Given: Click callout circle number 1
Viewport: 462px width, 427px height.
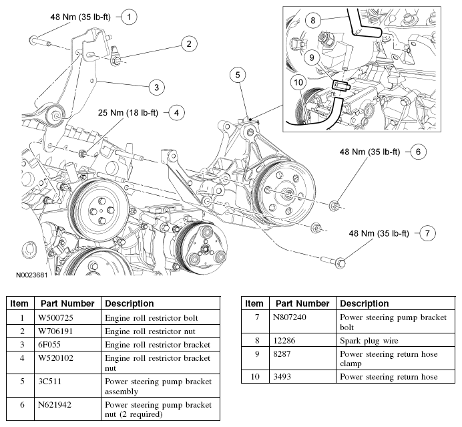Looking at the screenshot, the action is tap(129, 17).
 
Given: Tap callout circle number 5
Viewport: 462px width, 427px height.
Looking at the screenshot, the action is tap(238, 75).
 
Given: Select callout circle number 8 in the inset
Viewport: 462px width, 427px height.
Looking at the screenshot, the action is tap(313, 20).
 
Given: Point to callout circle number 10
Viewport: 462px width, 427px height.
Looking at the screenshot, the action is tap(298, 82).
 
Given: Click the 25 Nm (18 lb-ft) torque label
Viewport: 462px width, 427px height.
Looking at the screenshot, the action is tap(128, 113).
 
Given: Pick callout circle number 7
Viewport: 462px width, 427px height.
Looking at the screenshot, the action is tap(427, 234).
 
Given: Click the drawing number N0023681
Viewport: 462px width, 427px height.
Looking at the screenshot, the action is tap(31, 275).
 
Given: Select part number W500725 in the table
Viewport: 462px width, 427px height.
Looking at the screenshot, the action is tap(55, 318).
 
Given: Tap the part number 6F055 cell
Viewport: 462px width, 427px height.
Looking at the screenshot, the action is tap(49, 344).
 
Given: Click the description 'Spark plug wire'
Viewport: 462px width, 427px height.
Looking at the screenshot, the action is tap(369, 341).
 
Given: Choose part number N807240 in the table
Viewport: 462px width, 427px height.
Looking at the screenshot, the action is tap(290, 317).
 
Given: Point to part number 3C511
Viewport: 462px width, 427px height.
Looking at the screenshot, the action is tap(50, 382).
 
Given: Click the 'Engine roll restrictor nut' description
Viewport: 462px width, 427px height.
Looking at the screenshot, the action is tap(150, 331).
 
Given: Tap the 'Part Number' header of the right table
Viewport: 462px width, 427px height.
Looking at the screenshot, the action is tap(302, 303).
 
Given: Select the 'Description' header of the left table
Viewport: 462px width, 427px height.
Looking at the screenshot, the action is tap(130, 303).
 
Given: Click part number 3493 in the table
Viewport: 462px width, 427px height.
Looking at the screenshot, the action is tap(282, 377).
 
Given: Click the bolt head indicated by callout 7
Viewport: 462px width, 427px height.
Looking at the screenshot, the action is tap(341, 262).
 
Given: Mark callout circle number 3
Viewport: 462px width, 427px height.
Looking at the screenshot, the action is tap(156, 88).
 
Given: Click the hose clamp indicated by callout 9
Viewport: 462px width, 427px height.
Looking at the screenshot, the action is tap(341, 86).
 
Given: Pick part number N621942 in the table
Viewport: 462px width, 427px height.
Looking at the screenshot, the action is tap(55, 404).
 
